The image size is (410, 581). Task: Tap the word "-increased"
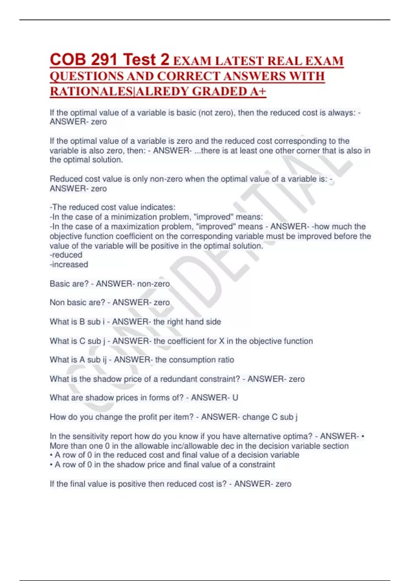[69, 265]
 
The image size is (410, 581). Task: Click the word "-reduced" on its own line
[66, 255]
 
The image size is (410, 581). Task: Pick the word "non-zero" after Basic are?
[153, 284]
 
